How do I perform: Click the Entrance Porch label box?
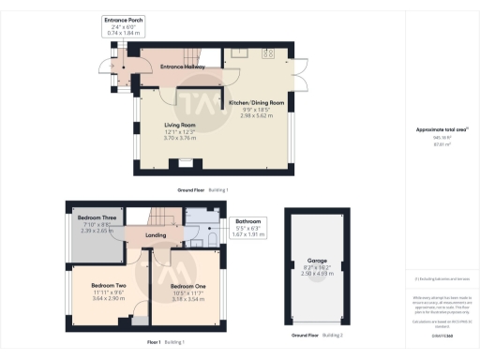(122, 25)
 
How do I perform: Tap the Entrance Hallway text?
(182, 67)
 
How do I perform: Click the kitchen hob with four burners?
(270, 53)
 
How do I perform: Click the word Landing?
(156, 235)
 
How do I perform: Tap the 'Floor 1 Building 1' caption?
(166, 342)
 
